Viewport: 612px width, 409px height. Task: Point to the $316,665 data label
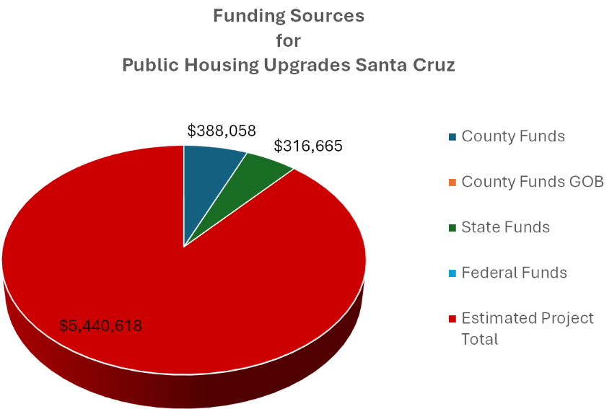[308, 146]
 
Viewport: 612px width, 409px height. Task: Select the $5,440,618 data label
[100, 325]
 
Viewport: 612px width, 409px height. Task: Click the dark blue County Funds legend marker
[453, 136]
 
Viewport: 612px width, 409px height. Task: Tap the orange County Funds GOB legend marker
[453, 182]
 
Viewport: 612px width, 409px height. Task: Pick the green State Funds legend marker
[453, 227]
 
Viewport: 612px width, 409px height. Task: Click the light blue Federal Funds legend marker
[453, 273]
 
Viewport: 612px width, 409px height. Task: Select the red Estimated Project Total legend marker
[453, 318]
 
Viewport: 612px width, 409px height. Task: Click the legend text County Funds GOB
[532, 182]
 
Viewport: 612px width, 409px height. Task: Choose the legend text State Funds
[505, 227]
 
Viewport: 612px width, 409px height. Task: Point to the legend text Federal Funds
[514, 273]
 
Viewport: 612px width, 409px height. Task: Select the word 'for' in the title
[289, 40]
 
